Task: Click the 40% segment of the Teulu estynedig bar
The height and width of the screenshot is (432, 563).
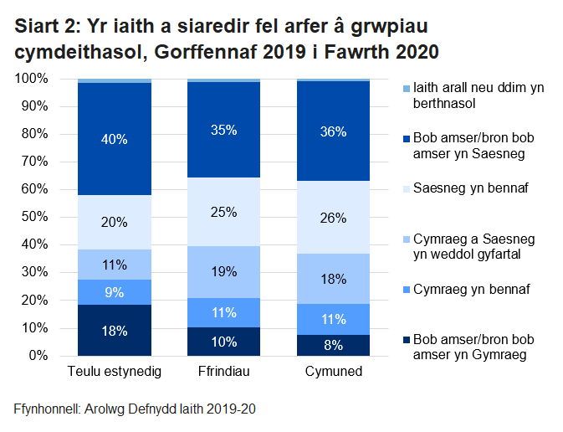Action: [114, 139]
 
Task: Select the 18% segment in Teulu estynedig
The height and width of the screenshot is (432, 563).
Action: [114, 331]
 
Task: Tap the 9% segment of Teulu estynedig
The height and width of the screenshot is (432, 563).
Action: [114, 293]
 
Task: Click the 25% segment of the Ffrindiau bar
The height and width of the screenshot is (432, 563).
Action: [223, 213]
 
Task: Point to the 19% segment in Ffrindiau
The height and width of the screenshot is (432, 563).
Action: [223, 272]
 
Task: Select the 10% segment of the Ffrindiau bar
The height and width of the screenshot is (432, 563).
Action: [223, 342]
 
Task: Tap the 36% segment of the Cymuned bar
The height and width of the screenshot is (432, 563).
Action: [333, 131]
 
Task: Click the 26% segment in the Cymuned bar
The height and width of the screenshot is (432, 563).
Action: [333, 218]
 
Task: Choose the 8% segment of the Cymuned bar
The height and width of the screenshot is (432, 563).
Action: [333, 345]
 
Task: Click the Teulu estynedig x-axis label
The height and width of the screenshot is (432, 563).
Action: [114, 371]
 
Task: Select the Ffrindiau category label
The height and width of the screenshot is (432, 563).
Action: [223, 371]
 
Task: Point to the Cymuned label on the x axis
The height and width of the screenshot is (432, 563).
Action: [333, 371]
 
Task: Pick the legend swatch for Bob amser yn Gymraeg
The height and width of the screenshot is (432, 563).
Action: [406, 340]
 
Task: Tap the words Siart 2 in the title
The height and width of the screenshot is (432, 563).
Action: [47, 27]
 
